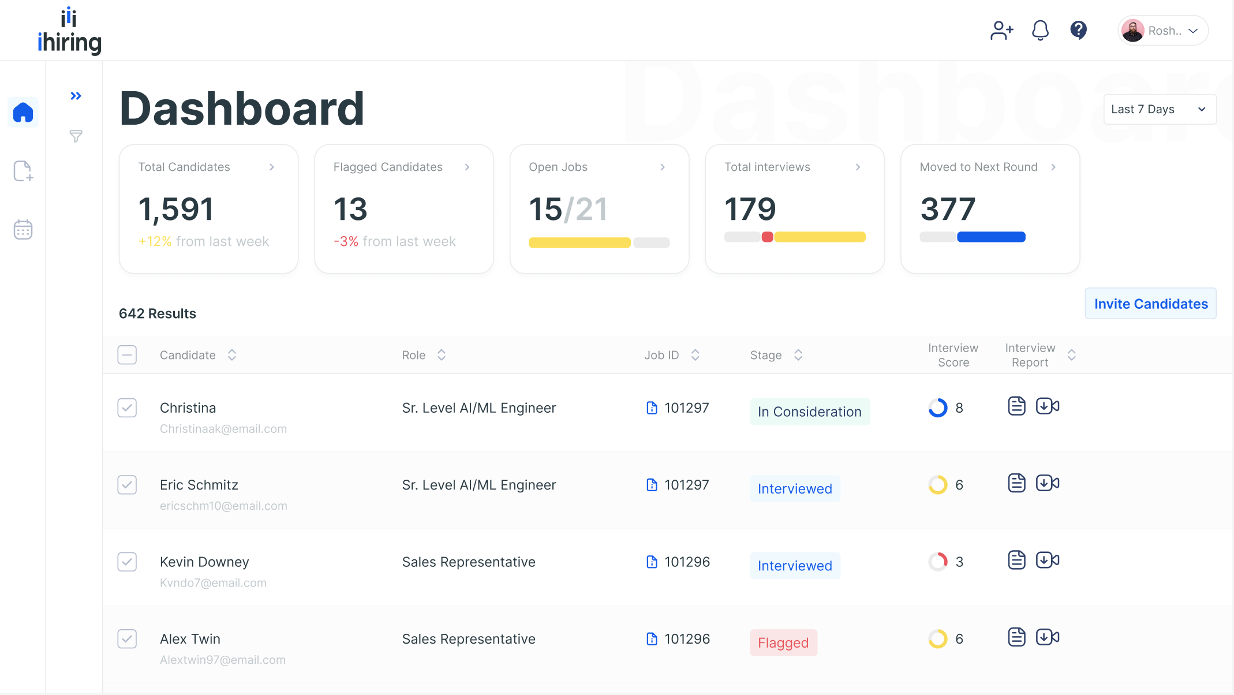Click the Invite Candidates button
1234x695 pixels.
tap(1150, 304)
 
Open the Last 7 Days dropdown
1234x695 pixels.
tap(1159, 109)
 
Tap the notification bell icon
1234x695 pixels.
tap(1040, 30)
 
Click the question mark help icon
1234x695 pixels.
tap(1078, 30)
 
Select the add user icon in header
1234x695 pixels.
tap(1001, 30)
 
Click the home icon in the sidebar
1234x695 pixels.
tap(23, 112)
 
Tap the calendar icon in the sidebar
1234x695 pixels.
tap(23, 229)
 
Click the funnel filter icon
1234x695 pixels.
tap(76, 136)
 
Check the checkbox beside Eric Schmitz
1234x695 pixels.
tap(127, 485)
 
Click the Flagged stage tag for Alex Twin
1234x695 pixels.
tap(783, 642)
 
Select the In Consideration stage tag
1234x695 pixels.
tap(809, 412)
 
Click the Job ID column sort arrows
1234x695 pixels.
tap(695, 355)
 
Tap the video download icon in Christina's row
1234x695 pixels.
tap(1047, 406)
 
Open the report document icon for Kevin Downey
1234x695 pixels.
tap(1016, 560)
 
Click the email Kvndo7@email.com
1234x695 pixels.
tap(213, 583)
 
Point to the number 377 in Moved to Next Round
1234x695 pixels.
tap(948, 209)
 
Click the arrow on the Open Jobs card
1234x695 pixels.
tap(663, 167)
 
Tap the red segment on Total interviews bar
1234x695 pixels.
tap(767, 237)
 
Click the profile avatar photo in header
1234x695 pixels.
tap(1133, 31)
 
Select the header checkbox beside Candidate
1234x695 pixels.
tap(127, 355)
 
